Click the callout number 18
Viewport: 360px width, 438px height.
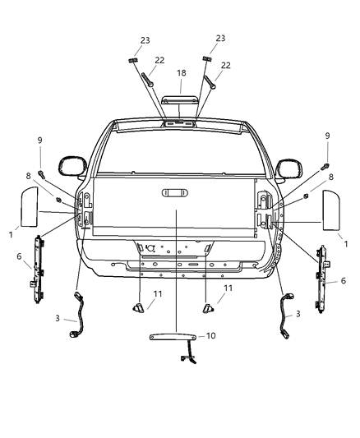coord(180,73)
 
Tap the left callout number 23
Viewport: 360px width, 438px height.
coord(145,39)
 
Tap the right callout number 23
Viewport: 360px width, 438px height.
coord(219,39)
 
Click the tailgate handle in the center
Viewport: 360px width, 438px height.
coord(174,193)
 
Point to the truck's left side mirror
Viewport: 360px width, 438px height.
coord(71,164)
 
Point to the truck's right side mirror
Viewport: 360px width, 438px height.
coord(288,168)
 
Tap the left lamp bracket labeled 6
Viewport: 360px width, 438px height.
coord(38,265)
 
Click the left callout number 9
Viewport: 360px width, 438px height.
coord(39,141)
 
